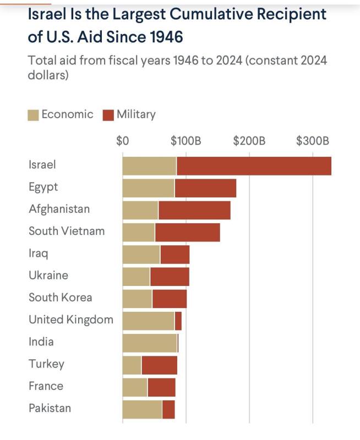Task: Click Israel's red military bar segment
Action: point(254,166)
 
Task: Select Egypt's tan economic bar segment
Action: point(148,188)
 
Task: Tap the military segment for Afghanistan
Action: point(194,210)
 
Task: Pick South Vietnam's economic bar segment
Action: point(138,232)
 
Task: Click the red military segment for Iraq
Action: point(174,255)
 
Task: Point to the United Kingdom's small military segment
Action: point(178,321)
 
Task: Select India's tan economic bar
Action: point(149,343)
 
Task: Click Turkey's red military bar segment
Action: point(159,365)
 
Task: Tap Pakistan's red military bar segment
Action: point(168,409)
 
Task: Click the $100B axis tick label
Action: point(186,140)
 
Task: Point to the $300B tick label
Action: point(312,140)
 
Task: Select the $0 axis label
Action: point(122,140)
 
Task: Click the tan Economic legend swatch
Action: point(34,115)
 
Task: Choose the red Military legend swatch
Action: point(108,115)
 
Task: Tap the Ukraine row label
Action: point(48,275)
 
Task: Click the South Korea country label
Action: point(61,298)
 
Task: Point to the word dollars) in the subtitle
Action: point(48,75)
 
